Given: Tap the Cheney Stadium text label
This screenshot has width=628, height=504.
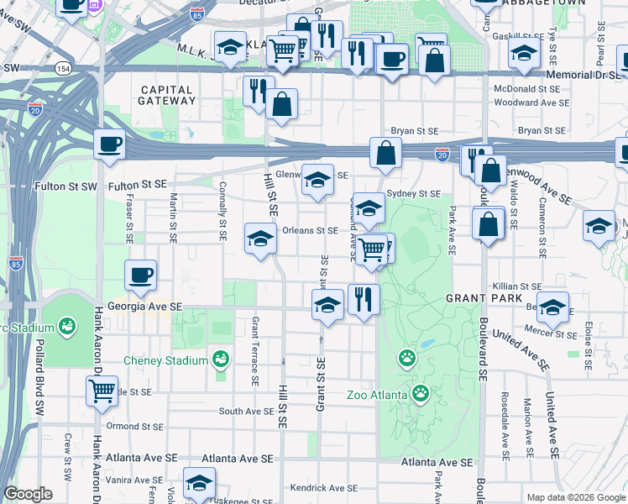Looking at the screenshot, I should (x=165, y=361).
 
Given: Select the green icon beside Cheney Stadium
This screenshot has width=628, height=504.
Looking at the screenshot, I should (x=221, y=360).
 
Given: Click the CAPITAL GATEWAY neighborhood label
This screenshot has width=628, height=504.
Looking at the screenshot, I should (x=168, y=95).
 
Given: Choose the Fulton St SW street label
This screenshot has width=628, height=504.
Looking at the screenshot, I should (x=69, y=184).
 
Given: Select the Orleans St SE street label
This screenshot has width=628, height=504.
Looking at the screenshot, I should (x=310, y=230).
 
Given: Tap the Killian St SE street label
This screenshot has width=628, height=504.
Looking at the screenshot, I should (x=517, y=286).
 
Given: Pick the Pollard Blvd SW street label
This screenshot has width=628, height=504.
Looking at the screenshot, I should (x=39, y=378).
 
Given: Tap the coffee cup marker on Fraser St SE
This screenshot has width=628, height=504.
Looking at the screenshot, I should (x=140, y=274).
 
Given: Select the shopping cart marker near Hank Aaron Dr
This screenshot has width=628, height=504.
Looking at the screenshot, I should (x=102, y=390).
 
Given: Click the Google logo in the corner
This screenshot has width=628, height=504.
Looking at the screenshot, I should (x=28, y=494).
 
